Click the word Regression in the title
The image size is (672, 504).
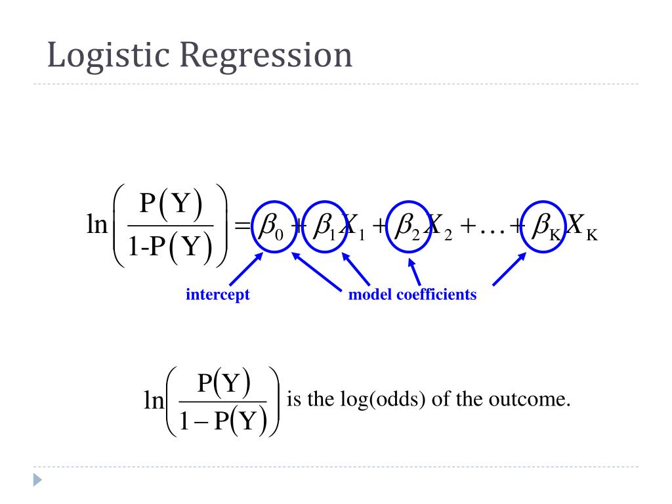(x=266, y=56)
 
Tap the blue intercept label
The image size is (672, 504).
(x=218, y=295)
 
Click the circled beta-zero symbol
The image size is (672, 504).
(x=269, y=227)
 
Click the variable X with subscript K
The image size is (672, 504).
(x=581, y=227)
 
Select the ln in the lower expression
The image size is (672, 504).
(x=154, y=400)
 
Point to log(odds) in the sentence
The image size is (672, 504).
(x=381, y=399)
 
